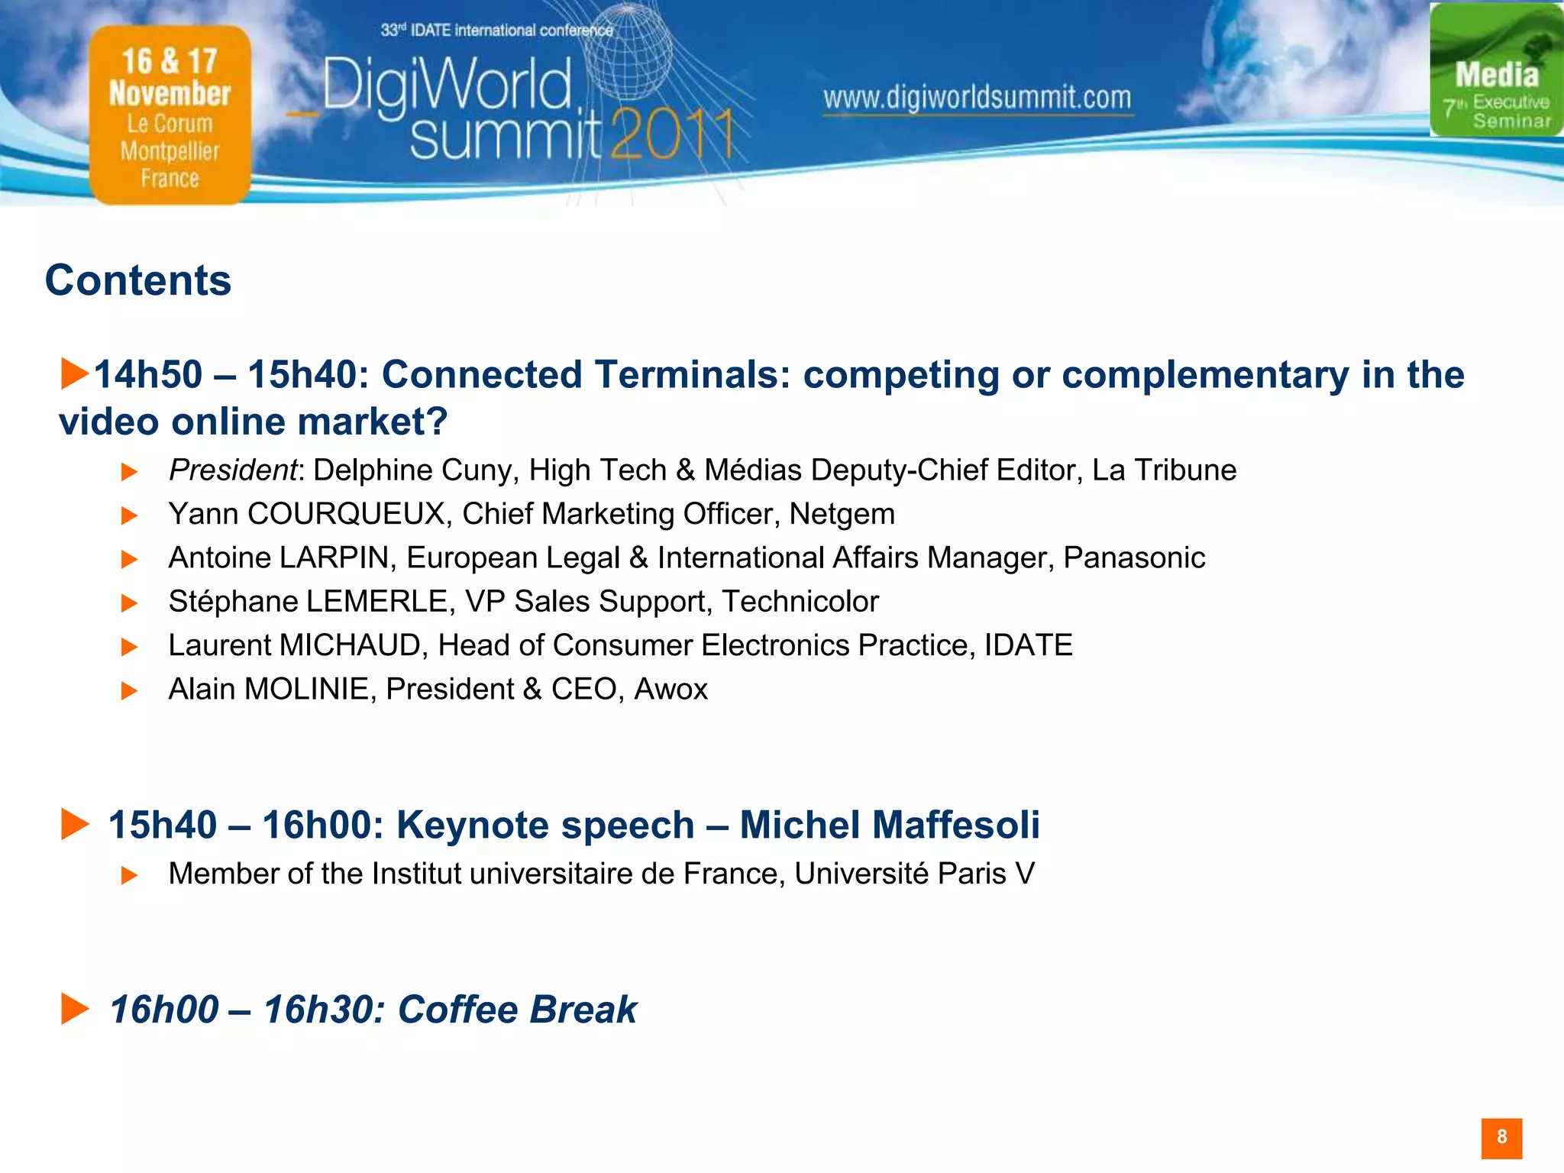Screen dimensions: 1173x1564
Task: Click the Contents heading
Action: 138,280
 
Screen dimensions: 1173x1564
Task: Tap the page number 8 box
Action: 1501,1138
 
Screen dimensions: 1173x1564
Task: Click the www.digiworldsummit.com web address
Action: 977,99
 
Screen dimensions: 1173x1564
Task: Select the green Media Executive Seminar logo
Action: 1495,71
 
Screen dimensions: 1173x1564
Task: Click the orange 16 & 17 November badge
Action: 170,115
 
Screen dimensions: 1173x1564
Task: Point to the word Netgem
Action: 842,514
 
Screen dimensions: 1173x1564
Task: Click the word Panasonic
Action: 1134,557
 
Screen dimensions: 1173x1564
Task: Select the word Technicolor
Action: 800,602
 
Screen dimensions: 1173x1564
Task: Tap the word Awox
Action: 671,690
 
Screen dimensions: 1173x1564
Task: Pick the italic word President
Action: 232,470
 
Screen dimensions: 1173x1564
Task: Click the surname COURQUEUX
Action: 346,514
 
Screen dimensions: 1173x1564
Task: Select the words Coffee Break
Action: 517,1010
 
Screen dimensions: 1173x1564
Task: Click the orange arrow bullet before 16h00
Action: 75,1009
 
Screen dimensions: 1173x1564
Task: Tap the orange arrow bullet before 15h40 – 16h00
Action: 75,824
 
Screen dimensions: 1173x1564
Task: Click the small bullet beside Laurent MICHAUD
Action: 129,647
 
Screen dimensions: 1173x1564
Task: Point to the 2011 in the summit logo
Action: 672,135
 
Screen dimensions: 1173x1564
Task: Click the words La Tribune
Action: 1164,470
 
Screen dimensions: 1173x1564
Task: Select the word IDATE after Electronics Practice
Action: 1028,645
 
